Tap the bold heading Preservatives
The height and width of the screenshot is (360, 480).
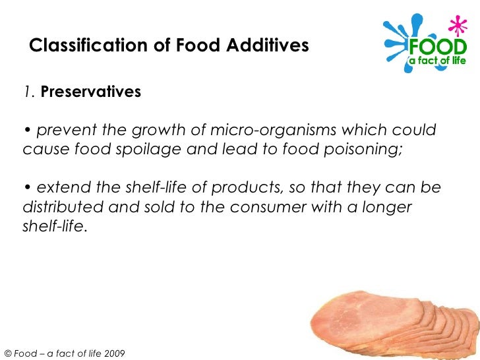click(91, 92)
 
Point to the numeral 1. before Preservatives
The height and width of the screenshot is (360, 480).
click(30, 92)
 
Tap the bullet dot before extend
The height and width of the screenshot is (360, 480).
click(28, 188)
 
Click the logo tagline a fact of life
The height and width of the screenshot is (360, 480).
click(438, 61)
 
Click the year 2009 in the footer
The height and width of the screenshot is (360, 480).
click(112, 353)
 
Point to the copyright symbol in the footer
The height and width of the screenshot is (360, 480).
click(8, 353)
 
